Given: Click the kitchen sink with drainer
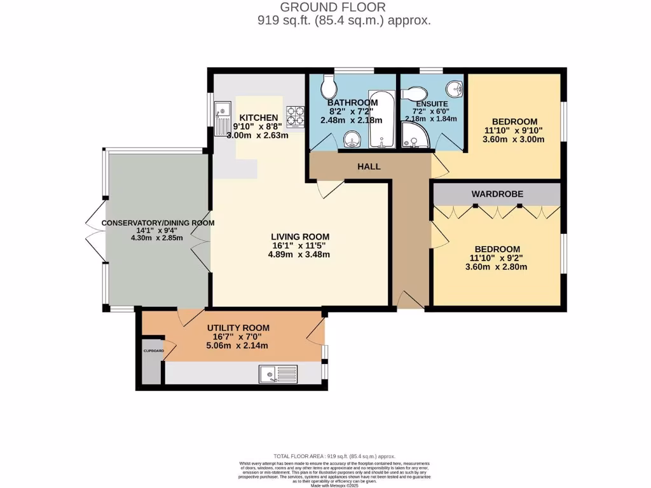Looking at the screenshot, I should (x=223, y=118).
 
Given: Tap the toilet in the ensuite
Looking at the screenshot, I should (x=417, y=91).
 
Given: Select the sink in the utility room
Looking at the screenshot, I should (x=278, y=374).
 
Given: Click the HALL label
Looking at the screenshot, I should (x=369, y=166).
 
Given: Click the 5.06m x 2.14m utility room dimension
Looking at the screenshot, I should (x=238, y=346).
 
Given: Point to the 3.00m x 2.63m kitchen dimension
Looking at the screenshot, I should (x=258, y=135).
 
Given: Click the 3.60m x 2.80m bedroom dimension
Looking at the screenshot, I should (x=496, y=267).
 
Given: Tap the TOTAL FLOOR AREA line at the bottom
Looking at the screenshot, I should (x=334, y=456).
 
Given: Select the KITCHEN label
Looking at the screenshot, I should (x=258, y=118).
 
